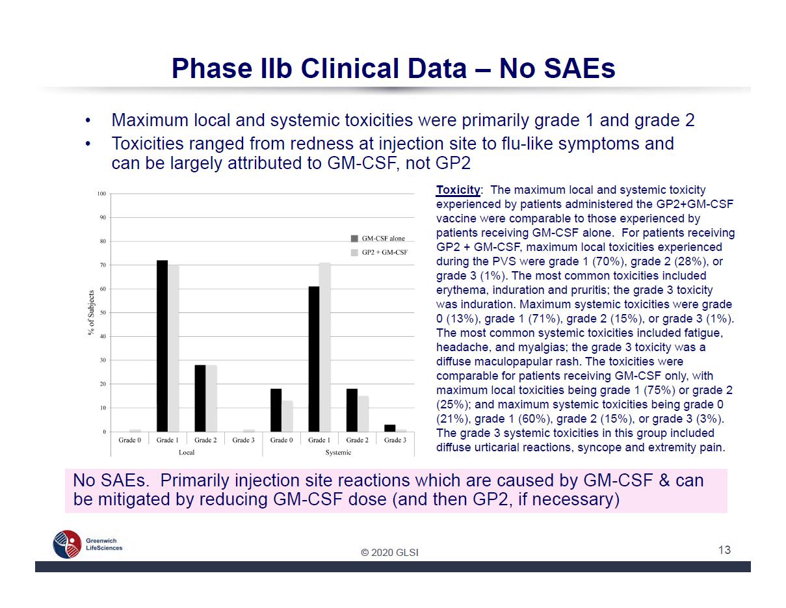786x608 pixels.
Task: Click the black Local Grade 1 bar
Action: point(162,346)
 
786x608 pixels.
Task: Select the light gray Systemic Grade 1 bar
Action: point(325,347)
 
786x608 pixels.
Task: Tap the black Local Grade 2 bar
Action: point(200,398)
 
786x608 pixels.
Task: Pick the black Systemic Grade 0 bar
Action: point(276,410)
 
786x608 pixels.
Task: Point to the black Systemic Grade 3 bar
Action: point(390,429)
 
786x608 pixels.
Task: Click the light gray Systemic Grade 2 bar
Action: point(363,414)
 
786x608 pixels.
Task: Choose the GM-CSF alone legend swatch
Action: point(354,239)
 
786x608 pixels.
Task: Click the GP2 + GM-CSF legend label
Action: point(384,252)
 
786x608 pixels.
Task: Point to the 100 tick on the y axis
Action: point(101,194)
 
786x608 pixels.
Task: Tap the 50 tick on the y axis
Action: point(103,313)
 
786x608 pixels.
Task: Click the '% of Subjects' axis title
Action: point(91,313)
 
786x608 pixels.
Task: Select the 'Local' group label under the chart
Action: point(187,453)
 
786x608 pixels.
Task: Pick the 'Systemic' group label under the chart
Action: point(338,453)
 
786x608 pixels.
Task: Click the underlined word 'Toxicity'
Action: point(458,190)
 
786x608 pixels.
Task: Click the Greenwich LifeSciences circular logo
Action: point(67,544)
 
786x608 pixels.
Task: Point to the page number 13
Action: point(724,549)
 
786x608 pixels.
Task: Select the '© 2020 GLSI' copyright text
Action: point(389,553)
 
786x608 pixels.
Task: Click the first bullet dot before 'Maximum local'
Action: point(87,121)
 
